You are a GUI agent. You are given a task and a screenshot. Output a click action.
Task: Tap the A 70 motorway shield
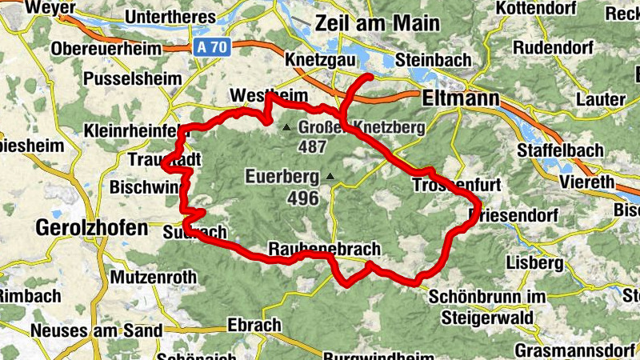click(212, 47)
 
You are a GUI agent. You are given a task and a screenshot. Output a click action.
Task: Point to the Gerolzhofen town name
click(92, 227)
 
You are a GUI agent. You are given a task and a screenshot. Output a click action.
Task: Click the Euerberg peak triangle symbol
click(329, 176)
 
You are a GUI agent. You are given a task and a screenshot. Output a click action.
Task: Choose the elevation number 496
click(304, 198)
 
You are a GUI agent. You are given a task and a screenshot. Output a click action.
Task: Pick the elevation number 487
click(312, 147)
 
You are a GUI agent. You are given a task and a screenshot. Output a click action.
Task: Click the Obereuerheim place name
click(106, 49)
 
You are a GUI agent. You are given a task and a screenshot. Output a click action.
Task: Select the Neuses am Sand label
click(96, 330)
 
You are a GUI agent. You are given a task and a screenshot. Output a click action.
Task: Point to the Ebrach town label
click(254, 325)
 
